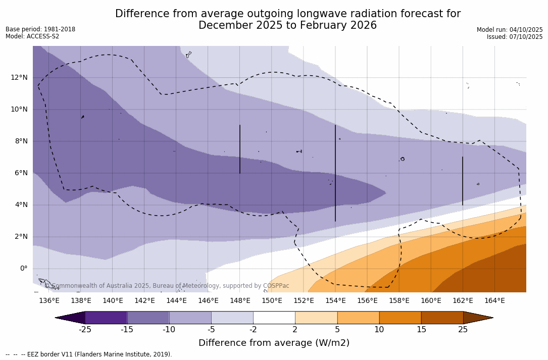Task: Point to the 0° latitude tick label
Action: tap(23, 269)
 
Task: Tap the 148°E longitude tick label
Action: tap(240, 301)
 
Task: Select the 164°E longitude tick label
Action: tap(494, 301)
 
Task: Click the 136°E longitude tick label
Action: tap(49, 301)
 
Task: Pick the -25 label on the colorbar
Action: tap(85, 330)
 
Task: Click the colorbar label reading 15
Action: tap(421, 330)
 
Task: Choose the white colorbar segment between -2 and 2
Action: tap(274, 318)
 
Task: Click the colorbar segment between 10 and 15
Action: tap(400, 318)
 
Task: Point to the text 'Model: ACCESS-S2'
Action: tap(32, 36)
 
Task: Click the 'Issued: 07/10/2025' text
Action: tap(515, 37)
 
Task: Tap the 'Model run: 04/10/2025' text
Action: tap(510, 30)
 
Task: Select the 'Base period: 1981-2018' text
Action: tap(40, 29)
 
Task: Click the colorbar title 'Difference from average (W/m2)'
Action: tap(274, 343)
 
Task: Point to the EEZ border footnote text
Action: tap(89, 354)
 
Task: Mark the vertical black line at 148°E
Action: tap(240, 149)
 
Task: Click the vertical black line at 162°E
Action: tap(463, 181)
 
